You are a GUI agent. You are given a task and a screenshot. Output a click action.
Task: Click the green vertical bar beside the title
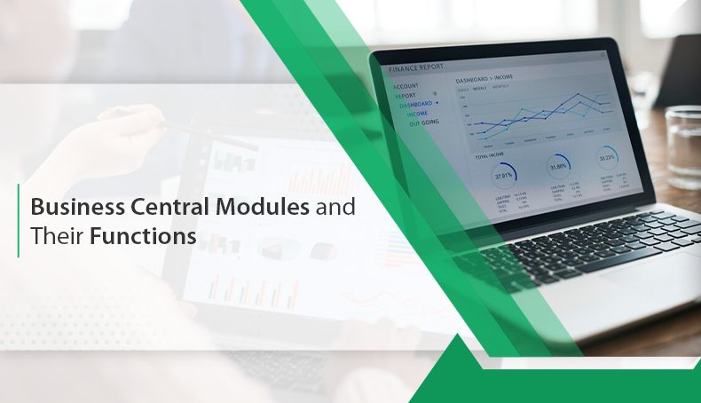18,221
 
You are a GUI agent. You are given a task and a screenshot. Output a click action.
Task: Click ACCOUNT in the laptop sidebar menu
406,87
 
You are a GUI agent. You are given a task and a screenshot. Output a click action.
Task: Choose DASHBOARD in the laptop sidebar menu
416,104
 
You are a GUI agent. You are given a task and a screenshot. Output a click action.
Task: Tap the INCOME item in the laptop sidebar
418,114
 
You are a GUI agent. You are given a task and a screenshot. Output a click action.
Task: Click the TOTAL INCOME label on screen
492,156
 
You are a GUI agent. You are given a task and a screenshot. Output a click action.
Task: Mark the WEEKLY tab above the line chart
480,89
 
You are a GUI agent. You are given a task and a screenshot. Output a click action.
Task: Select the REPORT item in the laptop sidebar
405,95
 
